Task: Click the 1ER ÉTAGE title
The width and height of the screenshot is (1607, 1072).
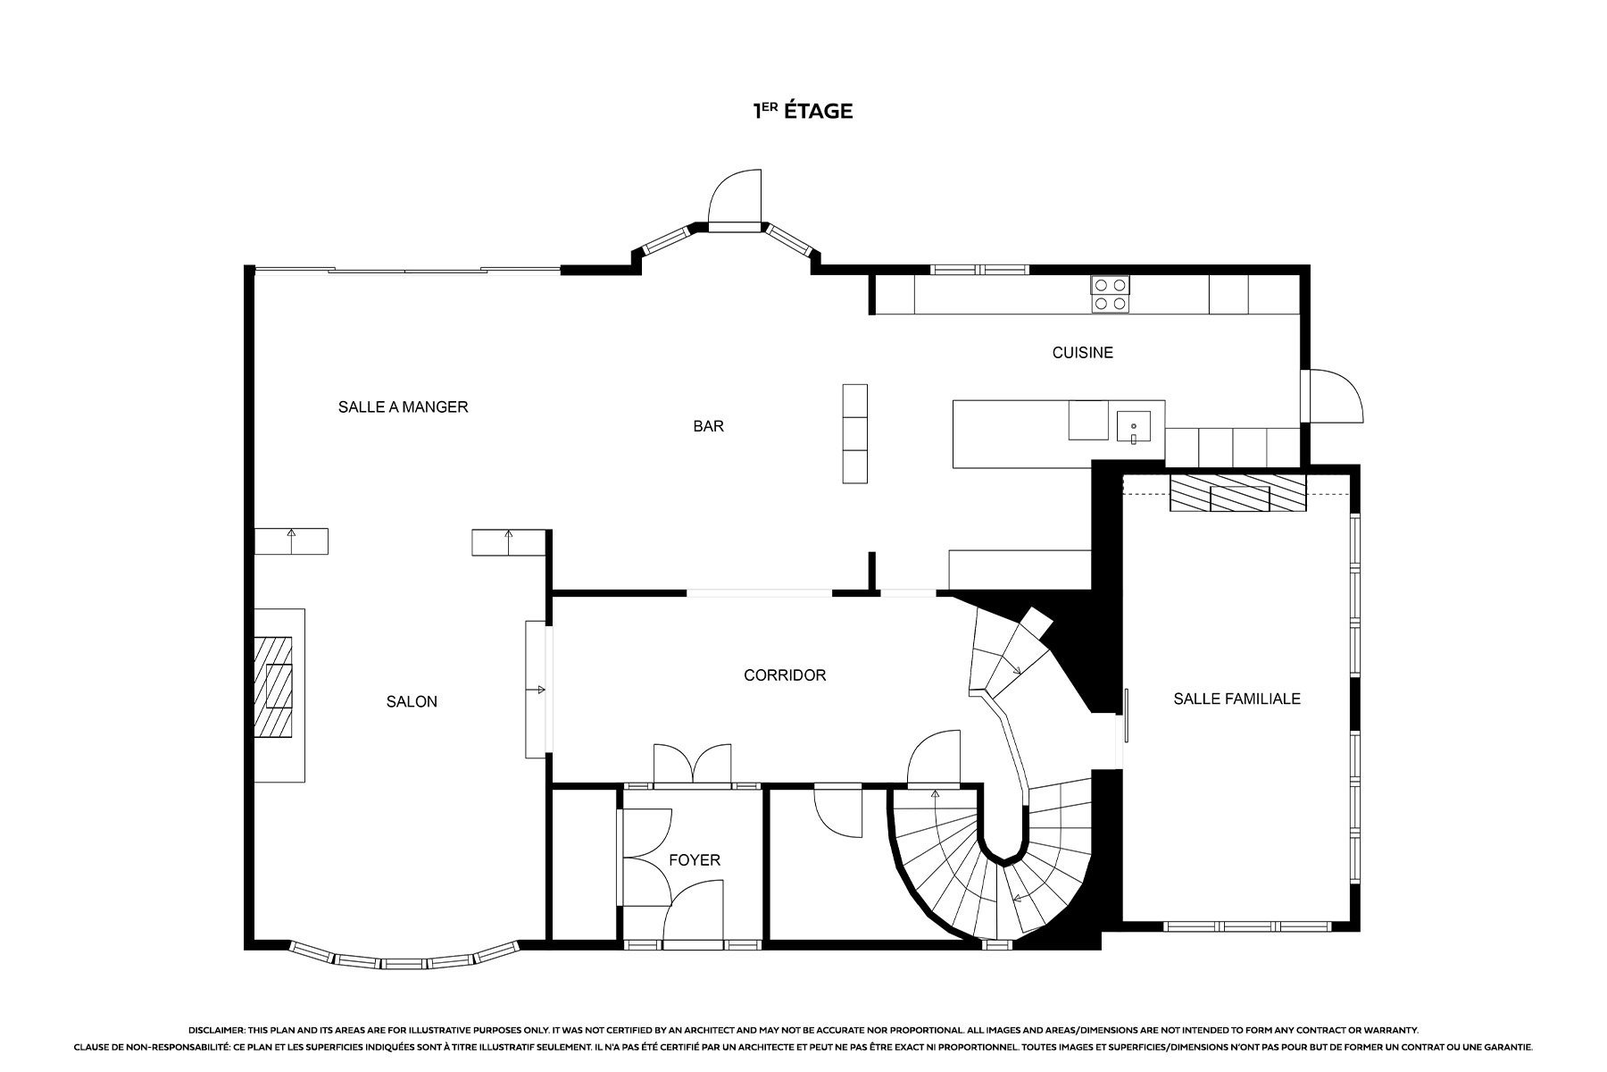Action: [x=803, y=112]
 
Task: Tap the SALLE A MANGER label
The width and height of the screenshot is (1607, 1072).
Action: [x=403, y=407]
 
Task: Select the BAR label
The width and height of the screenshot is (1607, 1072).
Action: [x=709, y=427]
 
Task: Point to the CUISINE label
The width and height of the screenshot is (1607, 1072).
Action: [x=1082, y=353]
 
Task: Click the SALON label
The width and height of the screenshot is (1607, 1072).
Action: [x=412, y=702]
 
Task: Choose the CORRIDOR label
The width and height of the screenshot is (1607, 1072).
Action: [x=785, y=675]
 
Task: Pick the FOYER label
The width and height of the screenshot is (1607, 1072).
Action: [x=695, y=860]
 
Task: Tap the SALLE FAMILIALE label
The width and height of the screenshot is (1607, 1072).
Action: [x=1236, y=699]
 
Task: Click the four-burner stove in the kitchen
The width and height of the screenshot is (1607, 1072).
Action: [x=1111, y=295]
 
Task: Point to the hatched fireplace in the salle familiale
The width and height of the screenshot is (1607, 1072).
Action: [x=1236, y=494]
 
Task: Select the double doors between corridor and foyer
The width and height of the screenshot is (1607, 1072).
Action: [x=693, y=766]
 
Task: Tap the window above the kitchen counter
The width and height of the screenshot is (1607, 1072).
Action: [x=979, y=269]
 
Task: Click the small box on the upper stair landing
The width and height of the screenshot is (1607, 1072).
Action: [x=1037, y=623]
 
